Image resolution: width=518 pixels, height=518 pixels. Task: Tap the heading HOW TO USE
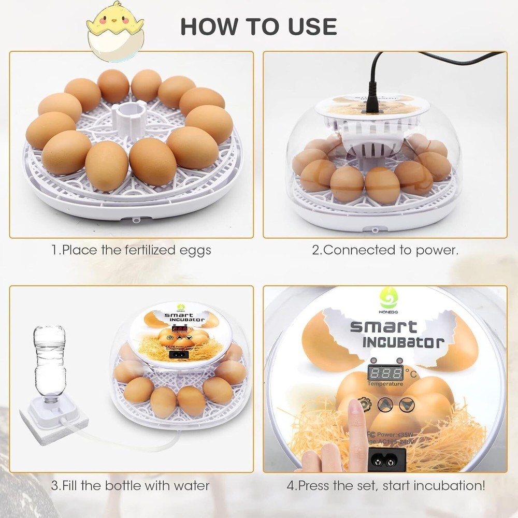[x=258, y=26]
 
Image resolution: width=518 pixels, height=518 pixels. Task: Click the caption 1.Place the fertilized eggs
[x=131, y=250]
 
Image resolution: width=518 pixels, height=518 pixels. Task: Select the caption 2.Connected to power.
[x=385, y=250]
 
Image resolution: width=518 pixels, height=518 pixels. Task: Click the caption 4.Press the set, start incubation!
[x=386, y=486]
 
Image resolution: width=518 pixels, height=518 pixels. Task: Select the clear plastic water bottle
[x=50, y=363]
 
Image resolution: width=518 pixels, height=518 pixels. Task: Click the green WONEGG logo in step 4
[x=389, y=298]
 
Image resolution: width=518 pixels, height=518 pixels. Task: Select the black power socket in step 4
[x=387, y=458]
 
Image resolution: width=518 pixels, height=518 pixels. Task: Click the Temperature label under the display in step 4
[x=385, y=384]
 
